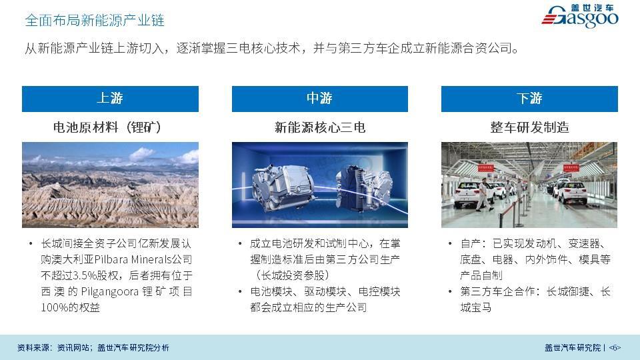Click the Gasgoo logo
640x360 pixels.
pos(580,16)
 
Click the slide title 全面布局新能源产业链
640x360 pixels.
pos(94,20)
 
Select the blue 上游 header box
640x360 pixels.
pos(110,99)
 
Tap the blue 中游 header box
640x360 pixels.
pos(319,99)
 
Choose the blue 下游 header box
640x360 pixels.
pos(529,99)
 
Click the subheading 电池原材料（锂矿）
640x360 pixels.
pos(107,127)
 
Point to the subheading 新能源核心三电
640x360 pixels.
pos(319,127)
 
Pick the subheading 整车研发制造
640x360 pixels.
pos(529,127)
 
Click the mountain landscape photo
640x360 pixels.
pos(110,185)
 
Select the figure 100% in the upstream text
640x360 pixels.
pos(54,307)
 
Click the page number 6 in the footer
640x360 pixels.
pos(615,348)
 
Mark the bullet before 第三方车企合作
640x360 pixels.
pos(450,291)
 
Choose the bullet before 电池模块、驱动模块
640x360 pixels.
pos(240,291)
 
